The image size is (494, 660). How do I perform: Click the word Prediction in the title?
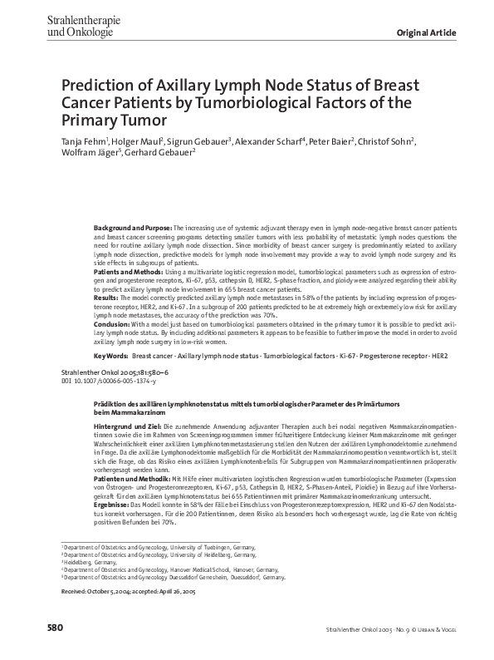tap(101, 86)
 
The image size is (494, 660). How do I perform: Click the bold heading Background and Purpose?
tap(132, 227)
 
